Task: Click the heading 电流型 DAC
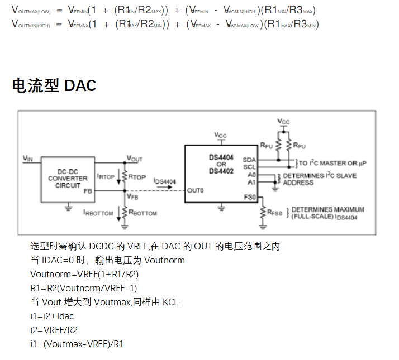54,85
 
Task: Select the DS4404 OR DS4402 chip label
222,164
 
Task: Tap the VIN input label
28,159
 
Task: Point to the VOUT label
135,159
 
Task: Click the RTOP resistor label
137,176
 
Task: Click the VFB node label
132,196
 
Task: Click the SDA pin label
249,159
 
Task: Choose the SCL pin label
249,166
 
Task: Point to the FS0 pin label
250,197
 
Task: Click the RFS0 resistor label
275,212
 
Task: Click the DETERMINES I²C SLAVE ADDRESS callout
319,179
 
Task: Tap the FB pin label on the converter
87,190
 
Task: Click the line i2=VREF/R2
54,330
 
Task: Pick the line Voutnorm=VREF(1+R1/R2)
84,274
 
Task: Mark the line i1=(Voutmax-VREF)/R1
77,344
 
